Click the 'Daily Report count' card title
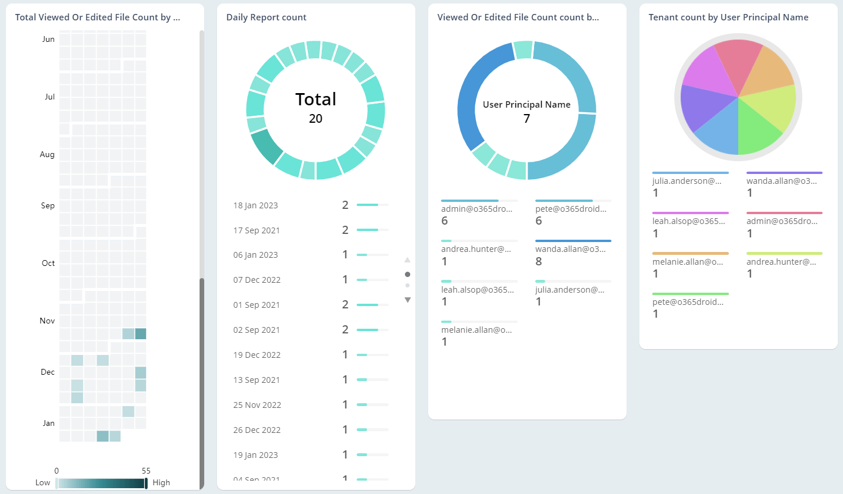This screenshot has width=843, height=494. pyautogui.click(x=266, y=17)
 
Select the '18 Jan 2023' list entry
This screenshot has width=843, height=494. pyautogui.click(x=255, y=205)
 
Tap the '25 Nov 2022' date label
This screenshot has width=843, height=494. pyautogui.click(x=257, y=405)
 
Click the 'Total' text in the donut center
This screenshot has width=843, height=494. pyautogui.click(x=315, y=99)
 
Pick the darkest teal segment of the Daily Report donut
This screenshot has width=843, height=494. pyautogui.click(x=266, y=147)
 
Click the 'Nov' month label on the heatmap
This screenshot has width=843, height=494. pyautogui.click(x=47, y=321)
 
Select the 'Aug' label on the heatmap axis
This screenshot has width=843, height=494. pyautogui.click(x=47, y=154)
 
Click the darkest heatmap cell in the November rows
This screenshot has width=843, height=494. pyautogui.click(x=140, y=334)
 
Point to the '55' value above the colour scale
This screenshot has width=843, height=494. pyautogui.click(x=146, y=471)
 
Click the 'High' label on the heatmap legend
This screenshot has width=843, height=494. pyautogui.click(x=161, y=482)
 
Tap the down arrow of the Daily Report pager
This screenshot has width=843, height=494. pyautogui.click(x=407, y=300)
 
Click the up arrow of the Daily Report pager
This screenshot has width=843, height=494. pyautogui.click(x=407, y=260)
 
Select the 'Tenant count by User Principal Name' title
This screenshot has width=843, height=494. pyautogui.click(x=728, y=17)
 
